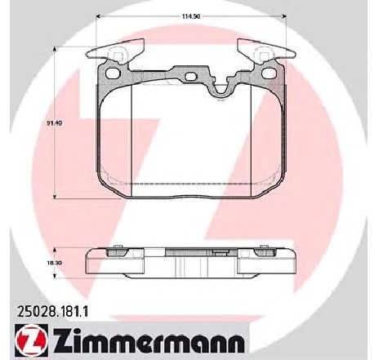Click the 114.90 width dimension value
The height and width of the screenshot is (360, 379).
(x=191, y=16)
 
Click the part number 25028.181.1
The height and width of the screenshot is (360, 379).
(x=52, y=311)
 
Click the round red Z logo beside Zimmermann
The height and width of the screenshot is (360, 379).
(x=32, y=340)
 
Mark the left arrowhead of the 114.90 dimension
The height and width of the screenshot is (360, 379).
(x=100, y=16)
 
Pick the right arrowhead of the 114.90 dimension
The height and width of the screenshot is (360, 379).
(x=284, y=16)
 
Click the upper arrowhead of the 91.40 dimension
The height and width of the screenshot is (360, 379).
(x=55, y=49)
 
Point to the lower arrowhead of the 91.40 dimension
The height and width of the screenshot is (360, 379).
(x=55, y=197)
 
